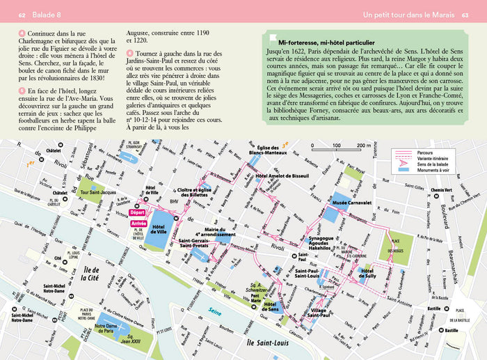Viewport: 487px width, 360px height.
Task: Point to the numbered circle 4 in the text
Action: (22, 33)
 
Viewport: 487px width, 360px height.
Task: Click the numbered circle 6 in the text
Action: (130, 54)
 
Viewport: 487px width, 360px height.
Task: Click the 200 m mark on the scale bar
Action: (362, 146)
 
